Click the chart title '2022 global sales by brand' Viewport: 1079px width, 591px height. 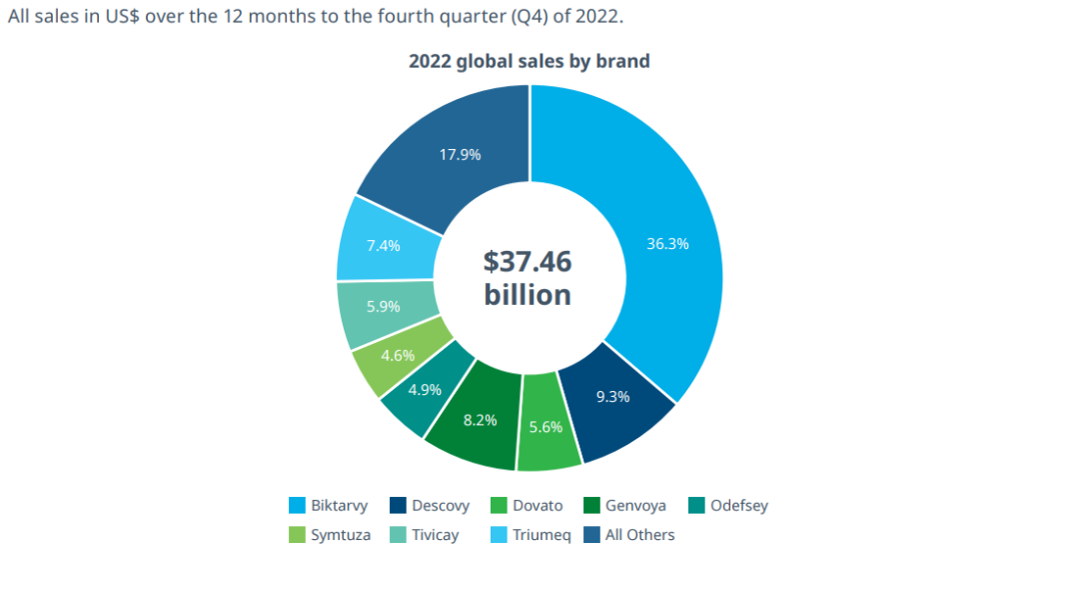coord(529,62)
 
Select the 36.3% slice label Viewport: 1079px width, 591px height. coord(667,244)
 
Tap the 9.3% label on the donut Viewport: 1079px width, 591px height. coord(612,397)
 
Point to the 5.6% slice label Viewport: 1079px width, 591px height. coord(546,427)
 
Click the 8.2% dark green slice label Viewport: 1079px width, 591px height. coord(480,420)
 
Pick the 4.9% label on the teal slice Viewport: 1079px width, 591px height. coord(424,389)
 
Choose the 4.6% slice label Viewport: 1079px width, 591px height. coord(398,355)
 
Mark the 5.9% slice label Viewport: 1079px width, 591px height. coord(383,308)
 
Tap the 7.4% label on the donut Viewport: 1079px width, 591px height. coord(383,245)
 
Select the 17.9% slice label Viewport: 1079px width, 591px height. coord(460,154)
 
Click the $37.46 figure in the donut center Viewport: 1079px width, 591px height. coord(528,262)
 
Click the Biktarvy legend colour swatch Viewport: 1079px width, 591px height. coord(297,506)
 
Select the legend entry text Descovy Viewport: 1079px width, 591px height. coord(441,506)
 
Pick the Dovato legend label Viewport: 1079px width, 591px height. coord(538,506)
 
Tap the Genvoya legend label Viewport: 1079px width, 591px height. coord(635,506)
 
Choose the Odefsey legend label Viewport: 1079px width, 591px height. coord(739,506)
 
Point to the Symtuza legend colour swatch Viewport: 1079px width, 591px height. coord(297,535)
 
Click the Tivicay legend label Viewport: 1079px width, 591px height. coord(436,535)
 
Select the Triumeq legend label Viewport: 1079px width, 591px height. coord(541,535)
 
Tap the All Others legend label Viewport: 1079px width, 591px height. coord(639,535)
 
